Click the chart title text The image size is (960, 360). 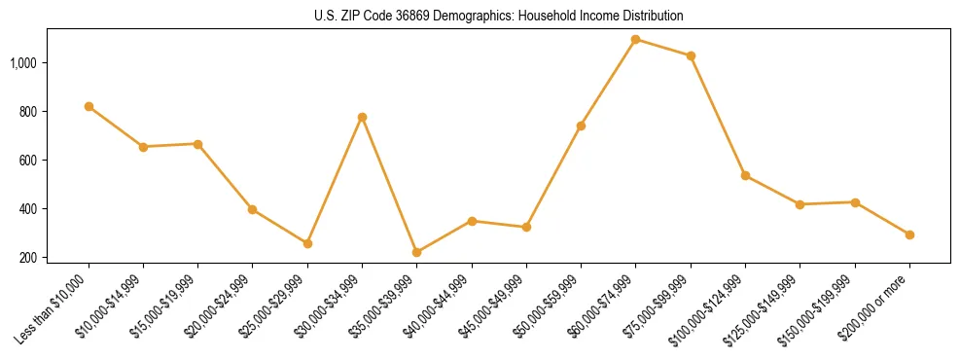click(x=499, y=17)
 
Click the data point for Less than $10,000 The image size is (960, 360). click(x=89, y=106)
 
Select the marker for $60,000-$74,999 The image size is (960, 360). click(x=635, y=40)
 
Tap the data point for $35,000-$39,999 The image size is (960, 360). click(x=416, y=252)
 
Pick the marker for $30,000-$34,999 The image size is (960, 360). click(x=362, y=117)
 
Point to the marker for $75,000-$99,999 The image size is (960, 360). click(x=691, y=55)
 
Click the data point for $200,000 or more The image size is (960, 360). click(x=909, y=234)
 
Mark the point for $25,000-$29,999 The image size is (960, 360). click(x=307, y=243)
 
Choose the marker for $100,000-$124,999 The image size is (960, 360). click(x=745, y=175)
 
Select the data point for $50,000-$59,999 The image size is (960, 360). click(x=581, y=126)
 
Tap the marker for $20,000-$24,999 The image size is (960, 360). click(x=253, y=209)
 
